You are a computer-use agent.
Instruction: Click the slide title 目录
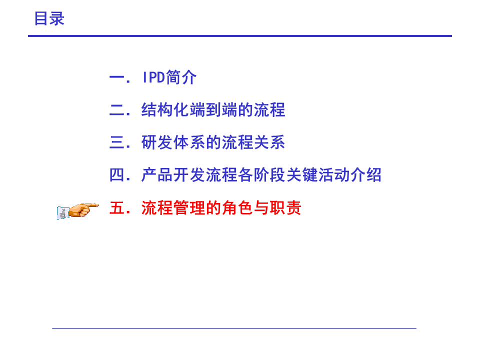click(x=49, y=18)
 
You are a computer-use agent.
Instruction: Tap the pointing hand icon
click(x=78, y=210)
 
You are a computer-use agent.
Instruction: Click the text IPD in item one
click(x=153, y=77)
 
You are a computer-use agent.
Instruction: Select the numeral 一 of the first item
click(x=117, y=78)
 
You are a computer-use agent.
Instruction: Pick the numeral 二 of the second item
click(x=117, y=110)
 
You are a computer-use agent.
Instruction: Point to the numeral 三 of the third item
click(x=117, y=142)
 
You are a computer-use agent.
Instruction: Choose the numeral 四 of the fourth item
click(x=117, y=175)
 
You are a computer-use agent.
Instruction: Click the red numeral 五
click(x=117, y=208)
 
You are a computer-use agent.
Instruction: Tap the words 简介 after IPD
click(x=181, y=77)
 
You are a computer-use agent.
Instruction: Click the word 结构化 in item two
click(x=165, y=110)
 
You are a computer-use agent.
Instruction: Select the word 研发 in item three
click(x=157, y=142)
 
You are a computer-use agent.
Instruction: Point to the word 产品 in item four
click(x=157, y=175)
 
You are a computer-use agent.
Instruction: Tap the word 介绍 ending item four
click(x=366, y=175)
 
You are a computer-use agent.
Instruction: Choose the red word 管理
click(x=189, y=208)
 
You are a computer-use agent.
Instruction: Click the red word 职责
click(x=285, y=208)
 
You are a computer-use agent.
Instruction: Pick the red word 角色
click(x=237, y=208)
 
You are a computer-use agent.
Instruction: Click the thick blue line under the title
click(x=240, y=36)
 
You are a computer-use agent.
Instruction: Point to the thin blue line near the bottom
click(x=234, y=328)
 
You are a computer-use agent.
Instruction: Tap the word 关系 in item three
click(x=269, y=142)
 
